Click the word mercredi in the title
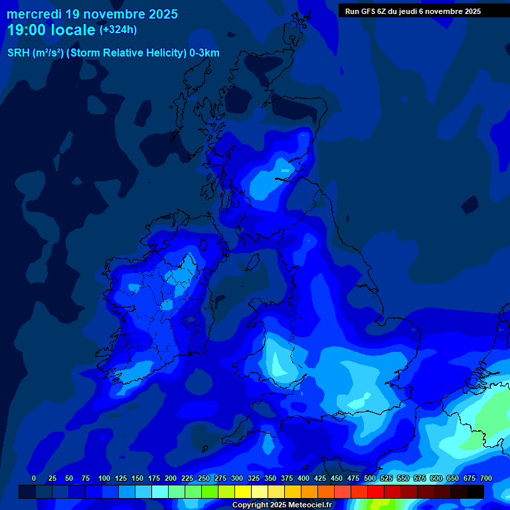pos(34,14)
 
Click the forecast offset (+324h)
pos(118,30)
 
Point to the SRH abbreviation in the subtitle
pos(19,53)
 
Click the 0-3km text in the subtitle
pos(204,53)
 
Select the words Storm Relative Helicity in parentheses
pos(126,53)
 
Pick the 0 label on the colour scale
pos(34,478)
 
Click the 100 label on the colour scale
pos(104,478)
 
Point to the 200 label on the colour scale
pos(170,478)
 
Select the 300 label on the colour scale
pos(236,478)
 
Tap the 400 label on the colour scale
pos(303,478)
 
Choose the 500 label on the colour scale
pos(369,478)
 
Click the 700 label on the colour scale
pos(485,478)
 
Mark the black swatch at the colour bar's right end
pos(475,491)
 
